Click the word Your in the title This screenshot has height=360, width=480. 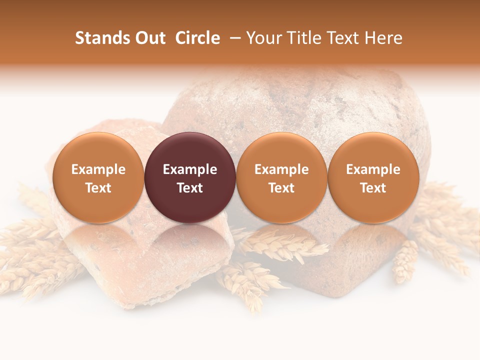[263, 38]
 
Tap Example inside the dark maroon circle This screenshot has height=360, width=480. [190, 169]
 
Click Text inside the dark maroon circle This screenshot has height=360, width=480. [190, 188]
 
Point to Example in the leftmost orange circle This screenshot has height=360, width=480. [98, 169]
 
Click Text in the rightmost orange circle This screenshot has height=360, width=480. [373, 188]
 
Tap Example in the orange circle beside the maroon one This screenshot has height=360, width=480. [281, 169]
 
